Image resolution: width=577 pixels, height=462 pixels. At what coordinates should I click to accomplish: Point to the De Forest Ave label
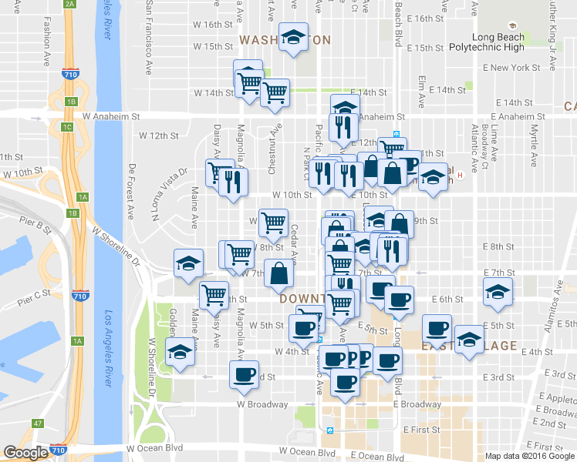coord(133,190)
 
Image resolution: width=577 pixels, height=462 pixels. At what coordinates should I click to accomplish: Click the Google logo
coord(25,453)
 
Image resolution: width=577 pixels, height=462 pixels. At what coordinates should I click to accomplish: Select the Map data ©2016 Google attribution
coord(529,456)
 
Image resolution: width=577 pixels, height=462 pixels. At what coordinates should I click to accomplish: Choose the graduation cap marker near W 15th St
coord(293,38)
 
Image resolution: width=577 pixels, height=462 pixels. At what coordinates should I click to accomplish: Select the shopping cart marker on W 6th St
coord(214,293)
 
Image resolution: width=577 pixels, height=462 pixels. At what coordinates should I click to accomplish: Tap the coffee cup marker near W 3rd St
coord(245,375)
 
